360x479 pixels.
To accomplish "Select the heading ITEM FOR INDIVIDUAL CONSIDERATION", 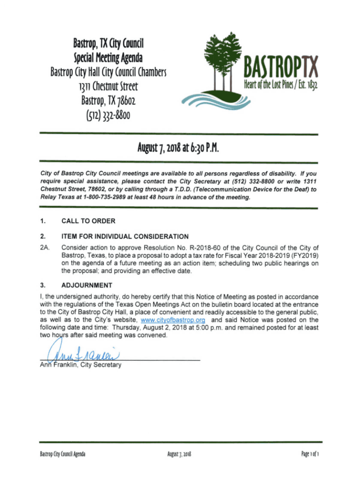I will point(125,236).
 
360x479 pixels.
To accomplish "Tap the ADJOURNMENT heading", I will point(86,284).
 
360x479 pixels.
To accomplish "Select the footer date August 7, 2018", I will point(180,454).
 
